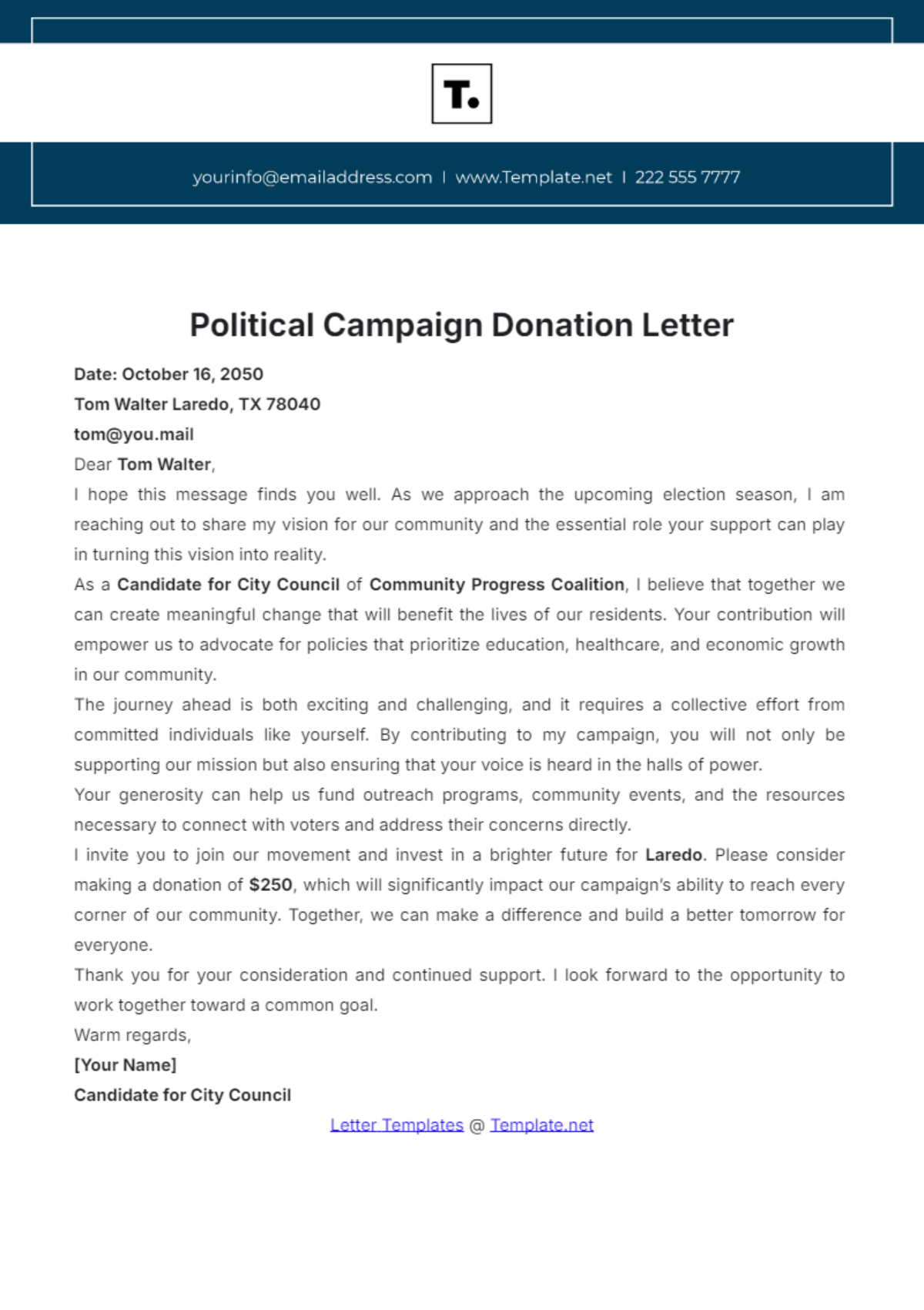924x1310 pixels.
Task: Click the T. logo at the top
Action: click(x=461, y=94)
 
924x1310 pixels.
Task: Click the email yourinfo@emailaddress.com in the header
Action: click(x=312, y=177)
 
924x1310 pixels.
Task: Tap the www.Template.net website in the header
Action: click(x=534, y=177)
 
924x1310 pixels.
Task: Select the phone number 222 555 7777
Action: click(x=687, y=177)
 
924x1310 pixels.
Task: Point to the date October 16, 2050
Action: click(x=192, y=374)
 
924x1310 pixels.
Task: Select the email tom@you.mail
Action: click(x=134, y=434)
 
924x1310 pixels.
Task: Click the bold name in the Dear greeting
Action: click(x=164, y=464)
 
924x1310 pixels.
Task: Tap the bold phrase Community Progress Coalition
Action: click(x=497, y=585)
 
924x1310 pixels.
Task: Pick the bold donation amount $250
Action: click(x=270, y=885)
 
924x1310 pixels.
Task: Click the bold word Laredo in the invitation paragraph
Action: click(x=673, y=855)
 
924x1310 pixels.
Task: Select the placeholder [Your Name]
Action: click(x=126, y=1065)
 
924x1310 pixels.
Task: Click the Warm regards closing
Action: click(x=132, y=1035)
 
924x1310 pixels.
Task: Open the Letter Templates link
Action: click(x=397, y=1125)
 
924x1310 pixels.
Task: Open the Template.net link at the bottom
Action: click(x=541, y=1125)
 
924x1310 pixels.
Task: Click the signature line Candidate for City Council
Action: click(x=182, y=1095)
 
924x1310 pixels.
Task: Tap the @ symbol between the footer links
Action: click(x=477, y=1125)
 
